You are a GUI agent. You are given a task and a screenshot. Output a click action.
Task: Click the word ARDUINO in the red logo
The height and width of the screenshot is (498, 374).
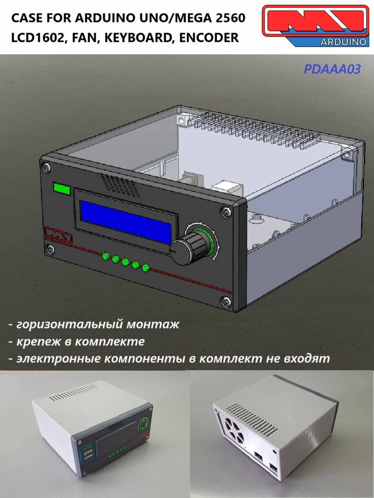[x=343, y=42]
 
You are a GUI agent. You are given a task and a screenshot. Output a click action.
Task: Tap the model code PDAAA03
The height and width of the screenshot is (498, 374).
[x=332, y=69]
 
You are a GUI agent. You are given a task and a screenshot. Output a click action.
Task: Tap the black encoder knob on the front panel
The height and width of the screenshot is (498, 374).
[x=188, y=247]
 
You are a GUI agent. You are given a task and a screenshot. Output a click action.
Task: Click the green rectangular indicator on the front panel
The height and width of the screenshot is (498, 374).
[x=62, y=189]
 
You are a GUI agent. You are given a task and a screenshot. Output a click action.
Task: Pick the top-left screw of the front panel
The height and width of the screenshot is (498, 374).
[x=47, y=167]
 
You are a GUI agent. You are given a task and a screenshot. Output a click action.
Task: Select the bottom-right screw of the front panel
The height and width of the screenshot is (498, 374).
[x=226, y=301]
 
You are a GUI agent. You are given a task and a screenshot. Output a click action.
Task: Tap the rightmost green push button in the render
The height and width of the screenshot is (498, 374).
[x=145, y=267]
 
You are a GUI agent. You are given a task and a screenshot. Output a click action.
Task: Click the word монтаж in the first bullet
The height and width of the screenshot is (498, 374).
[x=153, y=324]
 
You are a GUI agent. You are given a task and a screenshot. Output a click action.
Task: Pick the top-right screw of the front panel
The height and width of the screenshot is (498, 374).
[x=227, y=212]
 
